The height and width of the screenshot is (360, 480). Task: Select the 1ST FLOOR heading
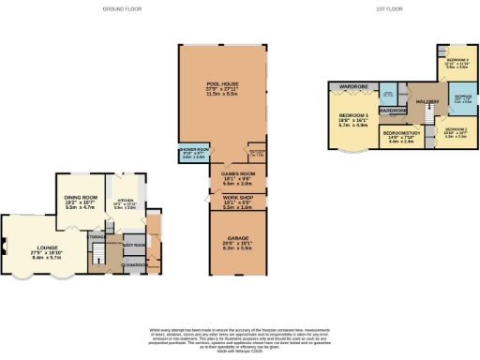click(x=363, y=7)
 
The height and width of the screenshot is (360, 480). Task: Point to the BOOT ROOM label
click(x=133, y=246)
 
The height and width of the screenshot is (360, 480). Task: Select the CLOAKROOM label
click(x=137, y=266)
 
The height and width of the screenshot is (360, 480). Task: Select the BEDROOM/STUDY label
click(x=400, y=134)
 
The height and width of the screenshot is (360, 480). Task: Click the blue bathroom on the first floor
click(x=462, y=98)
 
